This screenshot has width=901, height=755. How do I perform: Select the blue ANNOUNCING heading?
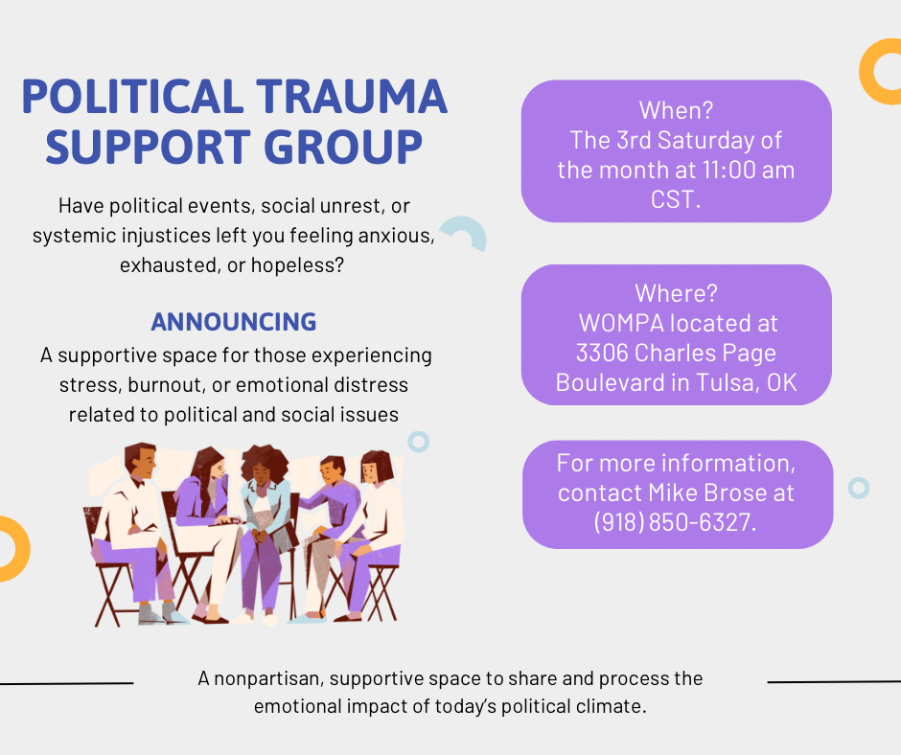tap(234, 322)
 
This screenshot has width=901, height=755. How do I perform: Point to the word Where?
tap(676, 293)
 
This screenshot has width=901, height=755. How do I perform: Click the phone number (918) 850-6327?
tap(675, 523)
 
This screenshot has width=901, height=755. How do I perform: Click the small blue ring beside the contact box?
tap(859, 488)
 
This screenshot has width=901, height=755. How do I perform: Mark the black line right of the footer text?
tap(834, 682)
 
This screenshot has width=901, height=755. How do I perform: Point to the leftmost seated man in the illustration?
tap(134, 522)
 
